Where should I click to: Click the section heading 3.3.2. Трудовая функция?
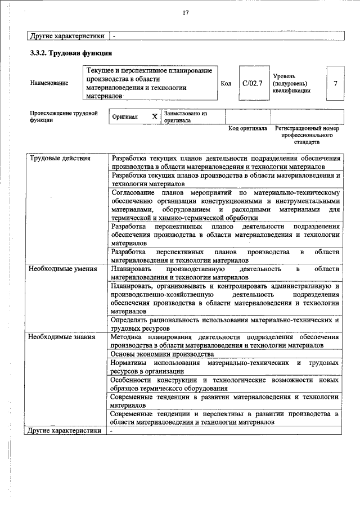click(71, 54)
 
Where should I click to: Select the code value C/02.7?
click(253, 83)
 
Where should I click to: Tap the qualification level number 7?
click(335, 83)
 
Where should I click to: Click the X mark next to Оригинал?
click(154, 117)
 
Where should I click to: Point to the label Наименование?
click(49, 83)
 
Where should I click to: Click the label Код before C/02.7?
click(226, 83)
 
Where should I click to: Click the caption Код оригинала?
click(247, 128)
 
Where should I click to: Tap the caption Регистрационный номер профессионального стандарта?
click(307, 136)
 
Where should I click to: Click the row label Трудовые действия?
click(59, 158)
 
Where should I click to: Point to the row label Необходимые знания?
click(61, 337)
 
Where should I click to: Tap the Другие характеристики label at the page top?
click(67, 36)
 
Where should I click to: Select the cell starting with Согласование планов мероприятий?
click(225, 205)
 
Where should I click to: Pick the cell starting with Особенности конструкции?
click(225, 384)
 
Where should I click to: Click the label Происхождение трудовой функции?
click(60, 116)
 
